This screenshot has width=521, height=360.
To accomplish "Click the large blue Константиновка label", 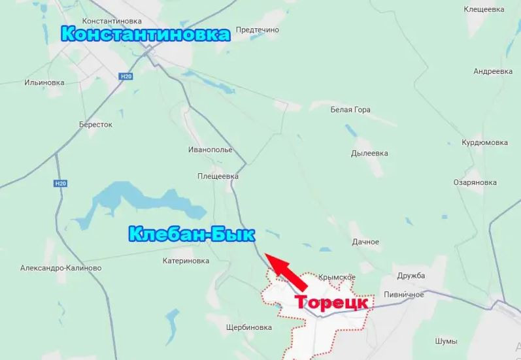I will click(x=146, y=34).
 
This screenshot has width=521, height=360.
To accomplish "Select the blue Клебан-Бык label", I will click(x=192, y=234).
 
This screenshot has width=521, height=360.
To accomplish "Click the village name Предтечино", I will click(x=257, y=30).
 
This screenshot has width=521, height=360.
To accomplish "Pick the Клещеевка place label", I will click(x=484, y=10).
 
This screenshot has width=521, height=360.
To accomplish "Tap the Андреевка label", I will click(x=492, y=71).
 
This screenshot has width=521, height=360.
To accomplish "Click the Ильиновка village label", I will click(x=44, y=83).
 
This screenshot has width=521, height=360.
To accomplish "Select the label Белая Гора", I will click(x=350, y=110).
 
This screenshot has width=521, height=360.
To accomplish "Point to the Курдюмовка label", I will click(x=484, y=142).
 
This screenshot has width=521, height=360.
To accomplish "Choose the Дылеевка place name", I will click(x=369, y=154).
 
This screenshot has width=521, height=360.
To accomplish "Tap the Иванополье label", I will click(x=210, y=150).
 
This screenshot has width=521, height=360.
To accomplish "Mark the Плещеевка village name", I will click(x=218, y=176).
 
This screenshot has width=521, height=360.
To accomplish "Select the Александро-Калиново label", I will click(x=61, y=268).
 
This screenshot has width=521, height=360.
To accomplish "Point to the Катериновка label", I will click(x=186, y=261).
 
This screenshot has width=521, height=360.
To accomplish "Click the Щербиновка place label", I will click(x=248, y=327).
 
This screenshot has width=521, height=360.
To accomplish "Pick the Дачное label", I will click(x=365, y=242).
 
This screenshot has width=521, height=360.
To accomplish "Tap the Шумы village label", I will click(x=446, y=341).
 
